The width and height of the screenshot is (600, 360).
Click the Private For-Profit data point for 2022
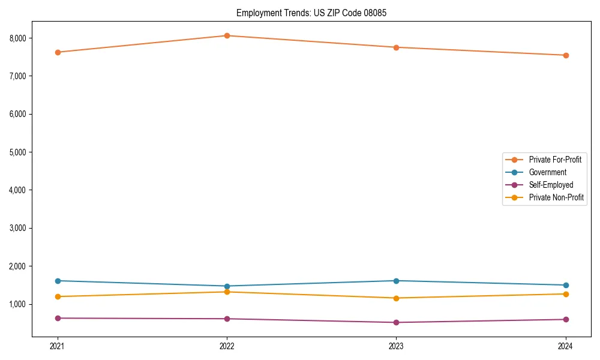coord(227,35)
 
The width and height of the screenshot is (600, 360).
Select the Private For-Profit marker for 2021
coord(58,52)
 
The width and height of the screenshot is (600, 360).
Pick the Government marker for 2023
coord(397,281)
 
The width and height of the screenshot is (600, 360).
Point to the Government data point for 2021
coord(58,281)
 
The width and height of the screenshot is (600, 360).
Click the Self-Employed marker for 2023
coord(397,322)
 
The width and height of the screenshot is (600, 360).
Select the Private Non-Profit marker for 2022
coord(227,292)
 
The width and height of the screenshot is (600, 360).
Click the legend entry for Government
coord(547,172)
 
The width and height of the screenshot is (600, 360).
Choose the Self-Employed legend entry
coord(551,185)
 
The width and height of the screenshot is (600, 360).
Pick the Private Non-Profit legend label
coord(556,197)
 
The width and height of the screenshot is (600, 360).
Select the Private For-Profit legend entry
coord(555,160)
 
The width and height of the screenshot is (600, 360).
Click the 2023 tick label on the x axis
coord(397,346)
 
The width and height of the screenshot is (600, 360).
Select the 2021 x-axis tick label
coord(58,346)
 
